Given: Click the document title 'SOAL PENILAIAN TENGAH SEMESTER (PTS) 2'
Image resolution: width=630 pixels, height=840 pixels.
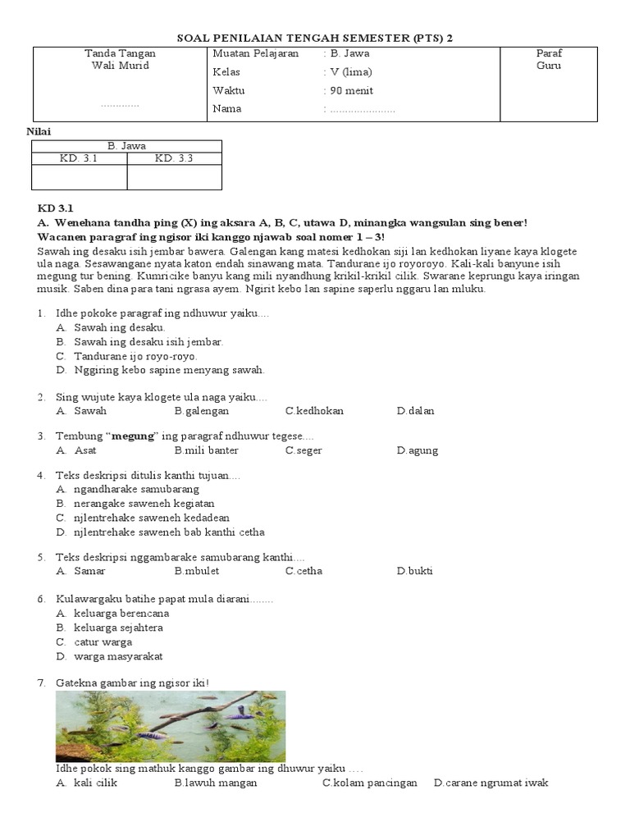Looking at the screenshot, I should pyautogui.click(x=315, y=38).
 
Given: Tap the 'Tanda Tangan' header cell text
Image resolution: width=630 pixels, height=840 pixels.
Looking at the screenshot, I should pyautogui.click(x=120, y=53).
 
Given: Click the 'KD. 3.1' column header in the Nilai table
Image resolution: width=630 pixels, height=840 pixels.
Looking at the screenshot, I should pyautogui.click(x=79, y=158).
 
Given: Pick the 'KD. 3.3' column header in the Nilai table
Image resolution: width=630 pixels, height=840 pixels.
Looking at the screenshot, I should pyautogui.click(x=173, y=158).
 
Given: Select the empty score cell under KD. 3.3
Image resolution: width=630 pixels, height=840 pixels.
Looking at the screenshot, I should pyautogui.click(x=174, y=177).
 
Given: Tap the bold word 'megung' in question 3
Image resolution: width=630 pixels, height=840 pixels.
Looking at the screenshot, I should pyautogui.click(x=133, y=436).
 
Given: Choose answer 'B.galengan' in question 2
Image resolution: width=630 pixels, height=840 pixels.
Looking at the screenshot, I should pyautogui.click(x=201, y=411).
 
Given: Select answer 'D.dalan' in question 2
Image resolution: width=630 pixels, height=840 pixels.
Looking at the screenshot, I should pyautogui.click(x=415, y=411).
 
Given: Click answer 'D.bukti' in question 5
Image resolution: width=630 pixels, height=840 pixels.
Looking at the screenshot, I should pyautogui.click(x=414, y=571).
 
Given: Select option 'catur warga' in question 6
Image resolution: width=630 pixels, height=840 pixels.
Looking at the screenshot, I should pyautogui.click(x=103, y=642).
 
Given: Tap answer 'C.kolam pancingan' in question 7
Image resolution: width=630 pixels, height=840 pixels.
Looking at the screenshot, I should pyautogui.click(x=369, y=783).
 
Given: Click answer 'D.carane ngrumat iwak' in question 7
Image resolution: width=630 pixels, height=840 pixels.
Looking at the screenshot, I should pyautogui.click(x=491, y=783).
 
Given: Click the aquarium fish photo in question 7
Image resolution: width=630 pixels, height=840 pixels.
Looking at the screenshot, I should pyautogui.click(x=171, y=726).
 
